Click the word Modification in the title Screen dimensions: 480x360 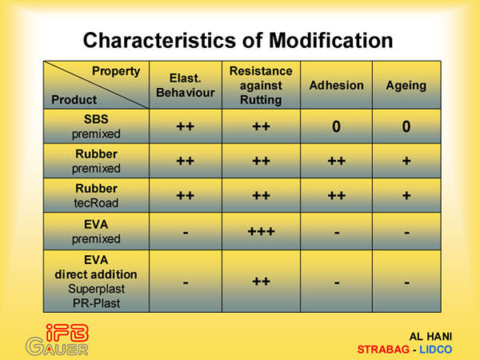click(x=330, y=41)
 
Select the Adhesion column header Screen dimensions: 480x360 click(x=337, y=86)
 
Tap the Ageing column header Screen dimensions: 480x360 click(x=406, y=86)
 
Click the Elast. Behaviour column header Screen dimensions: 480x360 click(x=186, y=86)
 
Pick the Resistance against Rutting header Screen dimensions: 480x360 click(x=261, y=86)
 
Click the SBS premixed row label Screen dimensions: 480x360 click(x=96, y=126)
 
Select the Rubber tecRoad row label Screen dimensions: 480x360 click(x=96, y=196)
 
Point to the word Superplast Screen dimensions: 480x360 click(x=97, y=289)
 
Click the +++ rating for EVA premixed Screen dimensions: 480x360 click(x=261, y=231)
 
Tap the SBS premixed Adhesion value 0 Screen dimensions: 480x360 click(x=336, y=126)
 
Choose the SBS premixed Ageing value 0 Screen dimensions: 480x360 click(x=406, y=126)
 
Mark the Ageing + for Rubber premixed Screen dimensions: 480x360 click(x=406, y=161)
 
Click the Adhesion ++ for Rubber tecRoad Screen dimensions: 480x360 click(x=337, y=196)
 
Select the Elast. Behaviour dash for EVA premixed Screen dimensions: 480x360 click(x=186, y=233)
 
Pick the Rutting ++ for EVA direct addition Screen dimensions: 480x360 click(x=261, y=282)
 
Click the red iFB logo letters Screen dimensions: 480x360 click(x=67, y=333)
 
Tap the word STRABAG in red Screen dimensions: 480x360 click(x=383, y=350)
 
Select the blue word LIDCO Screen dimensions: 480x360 click(x=436, y=350)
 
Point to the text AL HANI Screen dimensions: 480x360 click(x=430, y=337)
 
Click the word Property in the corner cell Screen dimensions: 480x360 click(x=116, y=72)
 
